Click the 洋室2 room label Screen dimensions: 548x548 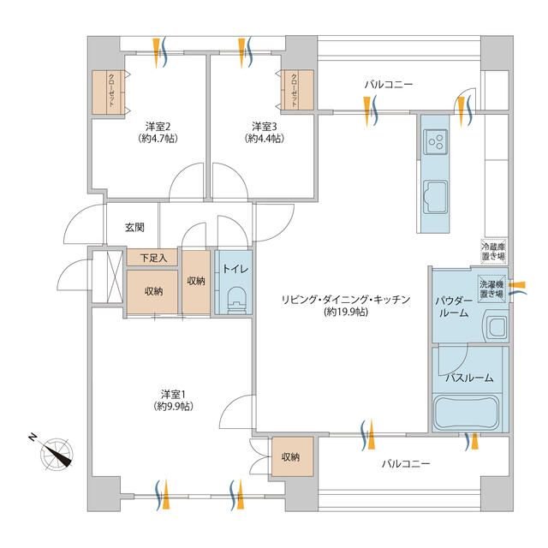(x=158, y=126)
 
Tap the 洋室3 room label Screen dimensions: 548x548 (x=265, y=126)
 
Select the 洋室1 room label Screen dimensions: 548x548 (x=173, y=394)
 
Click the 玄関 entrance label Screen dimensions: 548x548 (x=134, y=228)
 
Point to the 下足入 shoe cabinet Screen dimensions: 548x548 (x=152, y=258)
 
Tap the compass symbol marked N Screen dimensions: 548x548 (x=56, y=453)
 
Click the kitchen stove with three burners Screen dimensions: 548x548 (x=436, y=141)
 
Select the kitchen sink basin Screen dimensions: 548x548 (x=435, y=196)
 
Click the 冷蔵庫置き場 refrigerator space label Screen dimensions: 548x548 (x=493, y=251)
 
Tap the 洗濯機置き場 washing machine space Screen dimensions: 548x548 (x=491, y=289)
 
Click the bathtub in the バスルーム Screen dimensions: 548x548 (x=467, y=414)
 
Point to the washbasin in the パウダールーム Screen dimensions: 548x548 (x=495, y=327)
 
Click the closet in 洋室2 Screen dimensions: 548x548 (x=108, y=92)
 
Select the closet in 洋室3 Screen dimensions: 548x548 (x=297, y=90)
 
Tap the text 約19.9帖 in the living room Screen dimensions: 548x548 (x=346, y=312)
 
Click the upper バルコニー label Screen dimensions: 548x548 (x=389, y=85)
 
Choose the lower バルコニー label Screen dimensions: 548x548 (x=405, y=464)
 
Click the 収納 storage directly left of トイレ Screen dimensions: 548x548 (x=196, y=282)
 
